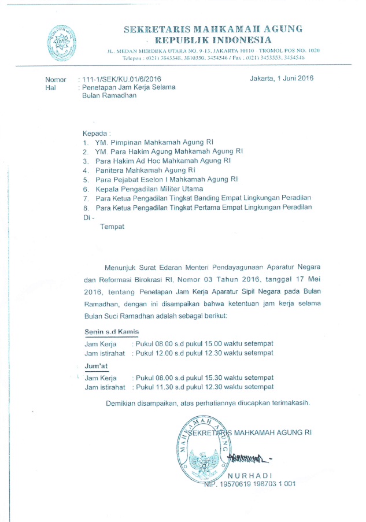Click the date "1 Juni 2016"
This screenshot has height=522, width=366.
coord(294,79)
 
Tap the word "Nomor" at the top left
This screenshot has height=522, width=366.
coord(57,79)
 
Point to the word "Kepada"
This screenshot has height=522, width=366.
coord(95,132)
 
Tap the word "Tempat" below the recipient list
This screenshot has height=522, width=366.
coord(112,227)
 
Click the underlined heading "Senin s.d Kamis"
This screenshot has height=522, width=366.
coord(111,331)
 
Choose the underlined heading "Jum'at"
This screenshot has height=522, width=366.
coord(96,366)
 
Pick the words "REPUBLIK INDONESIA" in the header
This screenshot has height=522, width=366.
coord(212,40)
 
